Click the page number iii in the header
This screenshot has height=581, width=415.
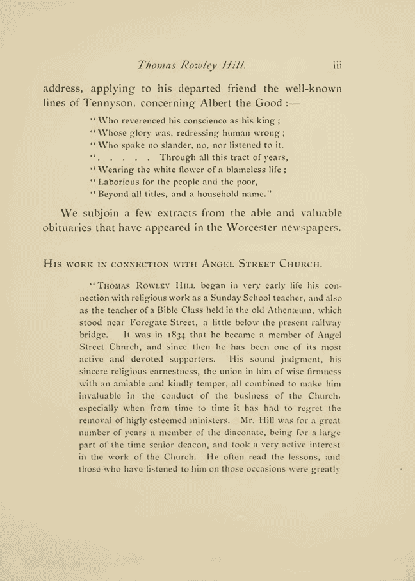(339, 64)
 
